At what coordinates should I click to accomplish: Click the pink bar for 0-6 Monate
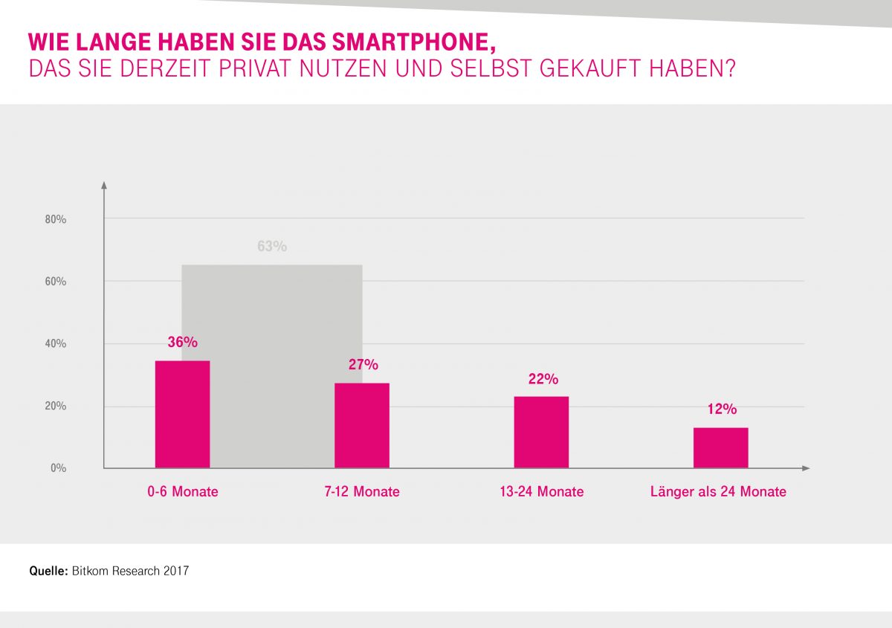coord(182,414)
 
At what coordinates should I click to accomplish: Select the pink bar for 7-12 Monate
coord(362,425)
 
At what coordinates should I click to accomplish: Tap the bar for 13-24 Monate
coord(541,432)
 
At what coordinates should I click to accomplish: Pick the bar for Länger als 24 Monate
coord(720,447)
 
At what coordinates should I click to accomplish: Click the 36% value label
coord(182,342)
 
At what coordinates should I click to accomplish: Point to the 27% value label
coord(363,364)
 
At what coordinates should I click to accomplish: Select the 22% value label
coord(543,379)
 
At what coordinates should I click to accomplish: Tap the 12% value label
coord(721,409)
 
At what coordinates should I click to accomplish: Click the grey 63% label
coord(272,247)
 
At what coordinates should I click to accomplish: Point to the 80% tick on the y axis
coord(55,220)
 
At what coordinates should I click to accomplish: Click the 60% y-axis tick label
coord(55,282)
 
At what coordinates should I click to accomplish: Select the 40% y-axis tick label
coord(55,344)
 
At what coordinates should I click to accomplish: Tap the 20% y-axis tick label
coord(55,407)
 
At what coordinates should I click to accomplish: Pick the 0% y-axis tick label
coord(58,468)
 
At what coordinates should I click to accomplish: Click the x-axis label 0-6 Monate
coord(182,492)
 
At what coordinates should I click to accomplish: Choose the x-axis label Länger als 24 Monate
coord(718,492)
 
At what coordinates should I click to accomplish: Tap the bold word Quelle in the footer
coord(48,572)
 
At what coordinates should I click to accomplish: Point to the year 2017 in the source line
coord(176,572)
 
